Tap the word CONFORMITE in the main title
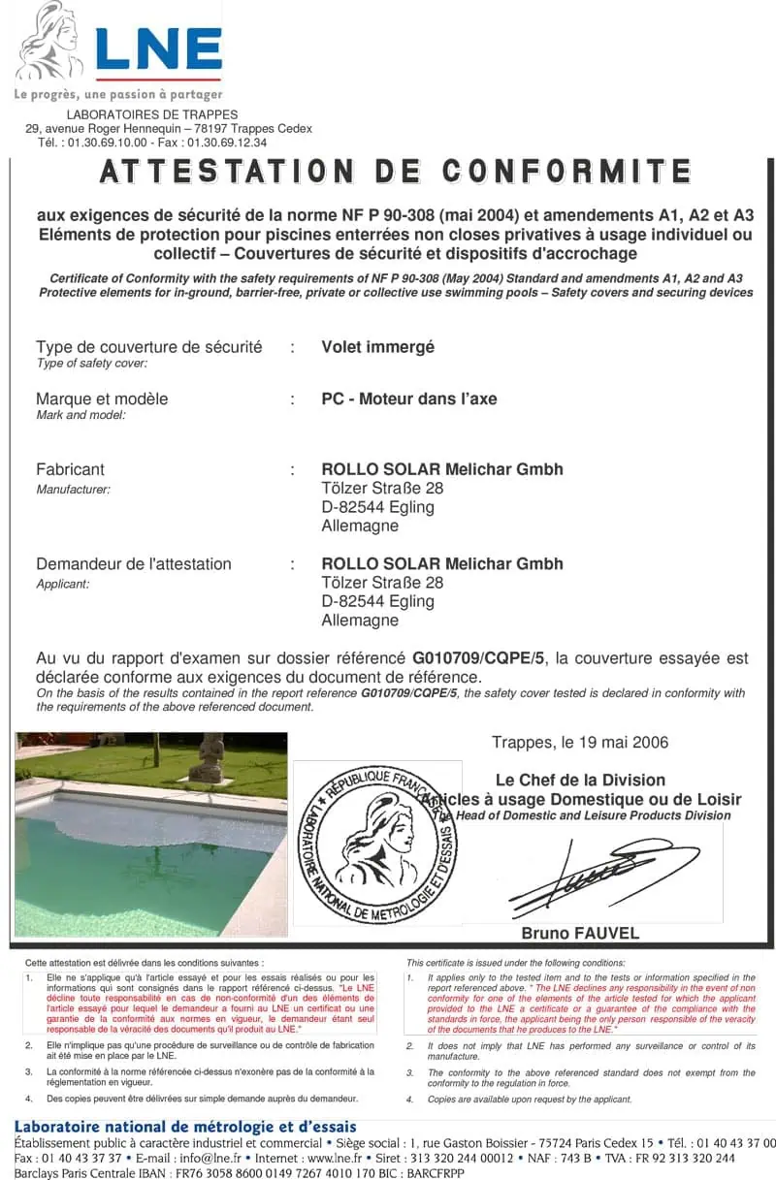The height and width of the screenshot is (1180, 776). (x=567, y=172)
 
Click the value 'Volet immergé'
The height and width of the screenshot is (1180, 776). (x=378, y=347)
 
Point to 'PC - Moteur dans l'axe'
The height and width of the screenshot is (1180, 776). (x=409, y=399)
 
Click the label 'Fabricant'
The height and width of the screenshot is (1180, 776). (x=70, y=469)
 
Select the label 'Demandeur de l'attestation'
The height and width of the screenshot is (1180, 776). (x=134, y=564)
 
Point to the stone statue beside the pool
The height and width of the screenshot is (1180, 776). (x=207, y=757)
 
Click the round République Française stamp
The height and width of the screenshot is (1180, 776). (x=377, y=844)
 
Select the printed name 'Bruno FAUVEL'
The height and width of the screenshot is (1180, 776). (x=581, y=934)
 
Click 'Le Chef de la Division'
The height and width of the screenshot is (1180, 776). (x=580, y=780)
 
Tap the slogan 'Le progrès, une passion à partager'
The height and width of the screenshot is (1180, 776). (x=117, y=95)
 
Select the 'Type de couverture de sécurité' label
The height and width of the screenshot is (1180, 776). (x=148, y=347)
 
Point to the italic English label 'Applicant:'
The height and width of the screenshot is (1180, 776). (x=63, y=585)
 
